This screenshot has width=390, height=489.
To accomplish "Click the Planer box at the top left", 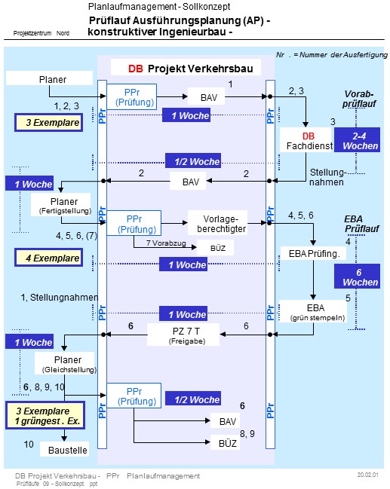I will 52,79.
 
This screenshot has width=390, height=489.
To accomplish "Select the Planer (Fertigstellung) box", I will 61,206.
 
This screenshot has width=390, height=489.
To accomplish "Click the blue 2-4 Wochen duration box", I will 361,140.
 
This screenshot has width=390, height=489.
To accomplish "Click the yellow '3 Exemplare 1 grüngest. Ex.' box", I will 47,416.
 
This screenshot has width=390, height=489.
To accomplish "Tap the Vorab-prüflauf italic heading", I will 358,99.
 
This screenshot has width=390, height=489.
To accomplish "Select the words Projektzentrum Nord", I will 42,34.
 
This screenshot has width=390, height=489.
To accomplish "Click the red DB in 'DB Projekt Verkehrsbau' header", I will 135,68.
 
